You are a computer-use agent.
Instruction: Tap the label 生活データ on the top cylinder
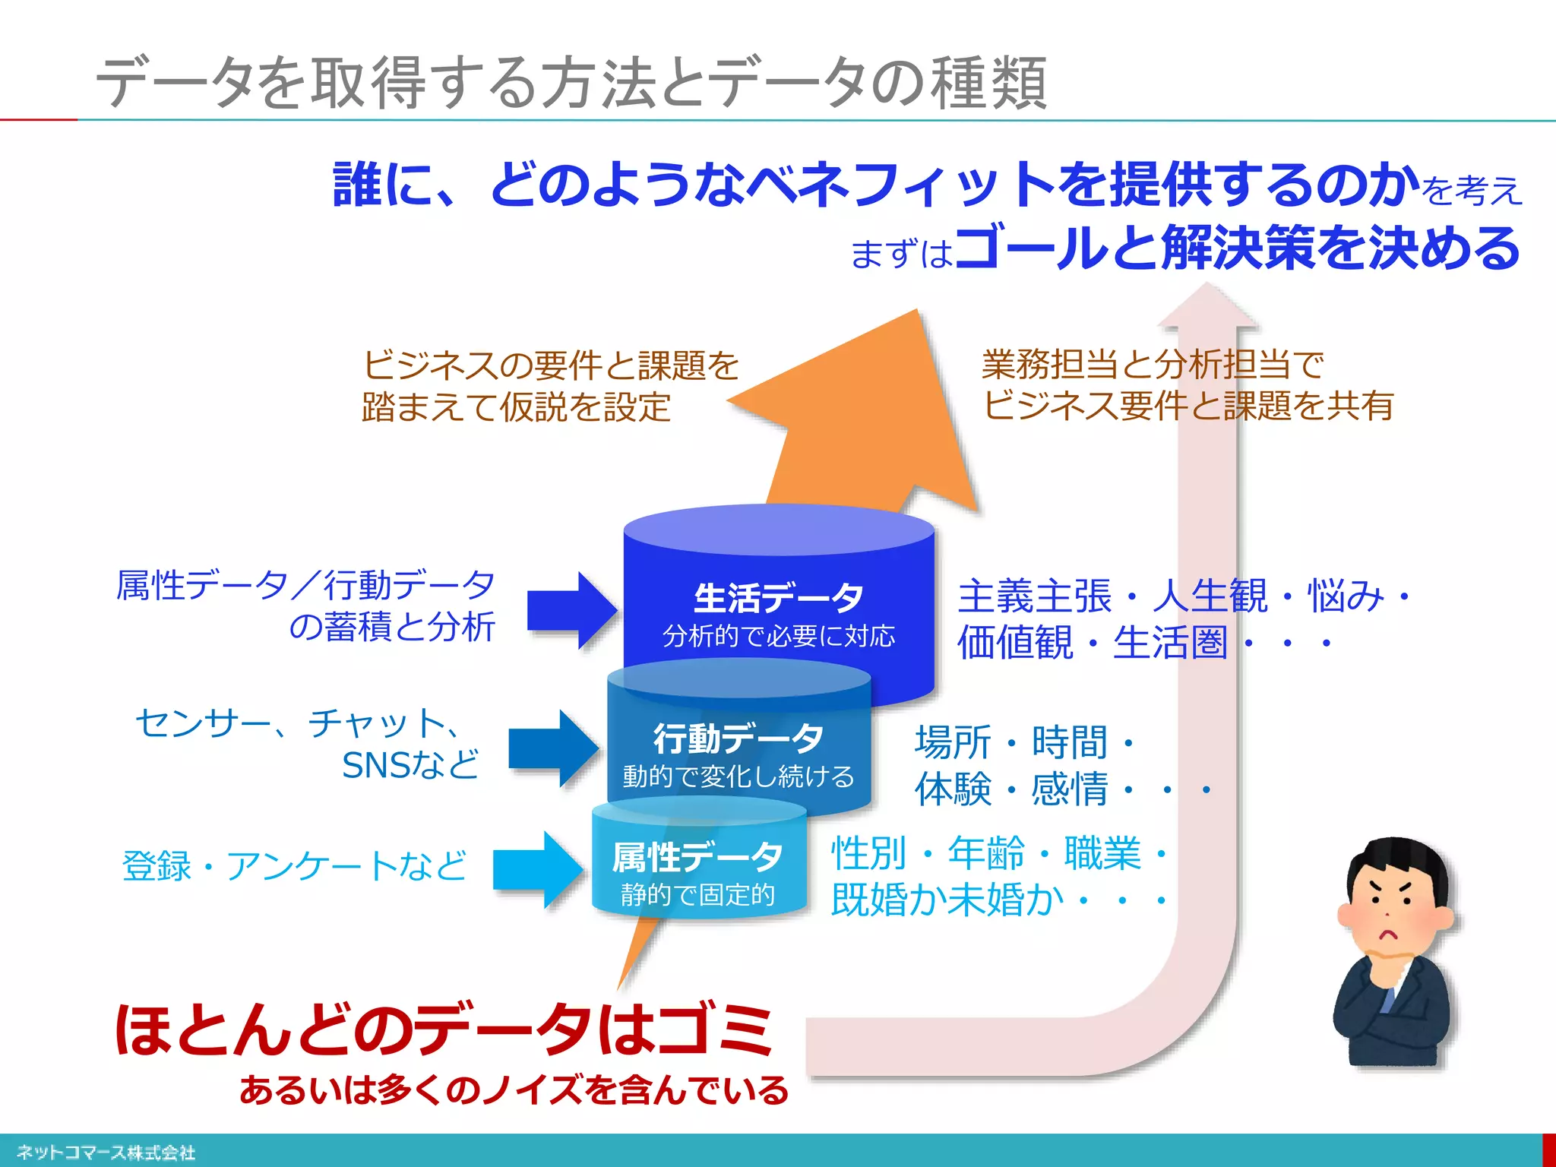tap(778, 597)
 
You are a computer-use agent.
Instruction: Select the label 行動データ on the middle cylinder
tap(738, 737)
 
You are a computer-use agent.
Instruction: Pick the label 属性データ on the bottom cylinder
tap(697, 857)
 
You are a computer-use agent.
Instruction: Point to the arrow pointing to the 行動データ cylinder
tap(553, 748)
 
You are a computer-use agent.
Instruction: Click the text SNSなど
tap(410, 764)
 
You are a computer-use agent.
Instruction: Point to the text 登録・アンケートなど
tap(294, 865)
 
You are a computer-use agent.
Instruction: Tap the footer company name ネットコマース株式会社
tap(106, 1153)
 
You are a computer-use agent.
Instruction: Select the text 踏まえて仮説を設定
tap(516, 406)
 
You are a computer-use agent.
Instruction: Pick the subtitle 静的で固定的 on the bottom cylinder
tap(697, 894)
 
